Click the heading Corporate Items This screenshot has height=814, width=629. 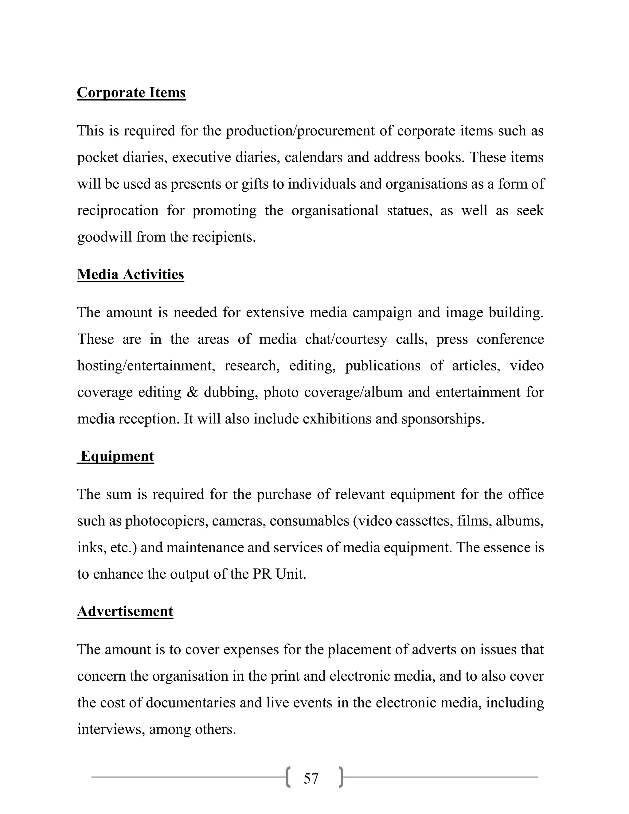click(x=131, y=93)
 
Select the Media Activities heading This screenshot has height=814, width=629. click(x=131, y=274)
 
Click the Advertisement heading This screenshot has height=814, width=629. click(x=125, y=611)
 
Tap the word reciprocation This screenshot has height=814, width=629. click(x=118, y=211)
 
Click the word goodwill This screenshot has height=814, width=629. click(x=104, y=237)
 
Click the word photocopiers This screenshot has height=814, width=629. click(x=166, y=521)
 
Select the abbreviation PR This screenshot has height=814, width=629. click(x=262, y=574)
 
